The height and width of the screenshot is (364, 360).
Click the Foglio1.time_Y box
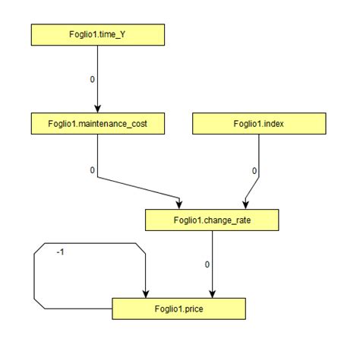coord(96,34)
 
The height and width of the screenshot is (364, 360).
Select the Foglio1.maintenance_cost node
coord(97,123)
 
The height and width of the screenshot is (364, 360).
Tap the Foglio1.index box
coord(259,123)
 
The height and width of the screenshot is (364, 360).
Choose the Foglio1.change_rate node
coord(212,220)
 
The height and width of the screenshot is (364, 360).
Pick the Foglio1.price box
coord(178,309)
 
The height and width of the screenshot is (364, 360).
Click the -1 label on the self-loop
coord(60,252)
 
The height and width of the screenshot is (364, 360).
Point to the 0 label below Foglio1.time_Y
coord(92,78)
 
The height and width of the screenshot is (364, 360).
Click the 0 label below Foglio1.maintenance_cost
coord(92,170)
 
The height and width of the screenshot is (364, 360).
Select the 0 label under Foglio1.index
coord(254,171)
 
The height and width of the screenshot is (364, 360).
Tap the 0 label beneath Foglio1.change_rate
coord(207,264)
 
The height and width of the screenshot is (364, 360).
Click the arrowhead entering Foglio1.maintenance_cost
coord(97,109)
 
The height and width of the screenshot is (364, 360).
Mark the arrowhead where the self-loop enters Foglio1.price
coord(145,294)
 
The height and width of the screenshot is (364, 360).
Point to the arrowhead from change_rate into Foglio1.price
coord(212,294)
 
